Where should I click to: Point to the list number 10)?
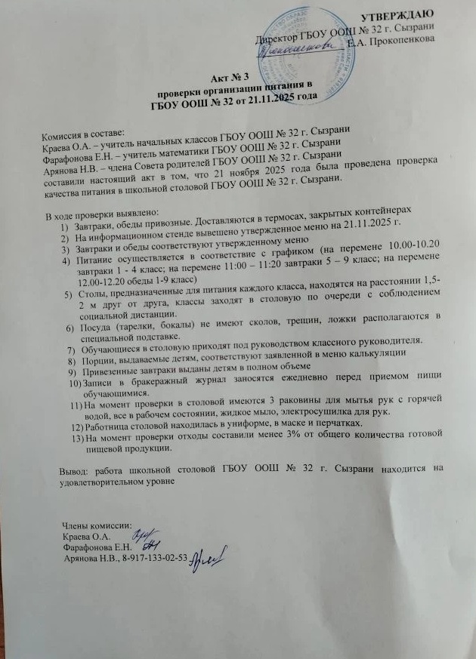click(x=75, y=384)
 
